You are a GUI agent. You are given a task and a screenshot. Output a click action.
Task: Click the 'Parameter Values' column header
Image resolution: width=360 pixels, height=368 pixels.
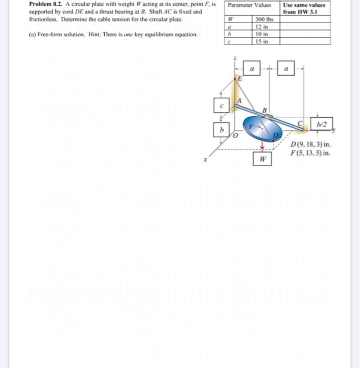tap(251, 6)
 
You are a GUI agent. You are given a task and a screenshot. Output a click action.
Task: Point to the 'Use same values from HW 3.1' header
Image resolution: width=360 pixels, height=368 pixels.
tap(304, 8)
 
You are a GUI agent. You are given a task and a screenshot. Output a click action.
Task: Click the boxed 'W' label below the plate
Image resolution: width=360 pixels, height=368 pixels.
tap(262, 159)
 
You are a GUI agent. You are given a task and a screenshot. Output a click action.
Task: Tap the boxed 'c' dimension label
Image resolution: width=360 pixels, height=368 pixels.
tap(222, 105)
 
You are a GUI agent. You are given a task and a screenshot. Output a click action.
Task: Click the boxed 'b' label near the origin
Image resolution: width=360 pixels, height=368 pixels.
tap(222, 129)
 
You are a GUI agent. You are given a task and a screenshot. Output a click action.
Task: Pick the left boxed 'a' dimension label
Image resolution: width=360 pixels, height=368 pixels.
tap(252, 68)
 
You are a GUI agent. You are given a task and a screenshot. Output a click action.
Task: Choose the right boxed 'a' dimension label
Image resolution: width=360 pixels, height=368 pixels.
tap(286, 68)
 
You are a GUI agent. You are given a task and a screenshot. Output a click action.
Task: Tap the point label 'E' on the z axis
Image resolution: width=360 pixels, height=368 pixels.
tap(239, 78)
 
